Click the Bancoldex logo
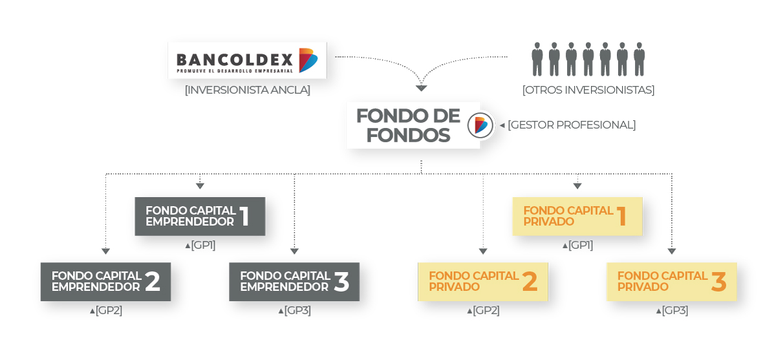click(247, 60)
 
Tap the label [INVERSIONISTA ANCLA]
click(247, 90)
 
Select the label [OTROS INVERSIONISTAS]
click(588, 90)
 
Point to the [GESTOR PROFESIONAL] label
click(572, 125)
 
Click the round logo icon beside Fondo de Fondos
click(480, 125)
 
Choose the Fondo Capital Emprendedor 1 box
click(200, 217)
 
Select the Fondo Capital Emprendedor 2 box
click(105, 282)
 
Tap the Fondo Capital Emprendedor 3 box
click(294, 282)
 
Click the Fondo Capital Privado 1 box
click(577, 217)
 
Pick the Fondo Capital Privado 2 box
click(483, 282)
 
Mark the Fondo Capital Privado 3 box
click(672, 282)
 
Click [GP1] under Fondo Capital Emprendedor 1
click(202, 245)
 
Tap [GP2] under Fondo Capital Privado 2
click(486, 310)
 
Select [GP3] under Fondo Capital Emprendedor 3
click(297, 310)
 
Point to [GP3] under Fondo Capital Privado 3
click(674, 310)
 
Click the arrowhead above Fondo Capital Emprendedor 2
click(105, 251)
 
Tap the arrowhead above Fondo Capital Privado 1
click(577, 186)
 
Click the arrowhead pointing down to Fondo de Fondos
click(421, 88)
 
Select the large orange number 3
click(718, 282)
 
